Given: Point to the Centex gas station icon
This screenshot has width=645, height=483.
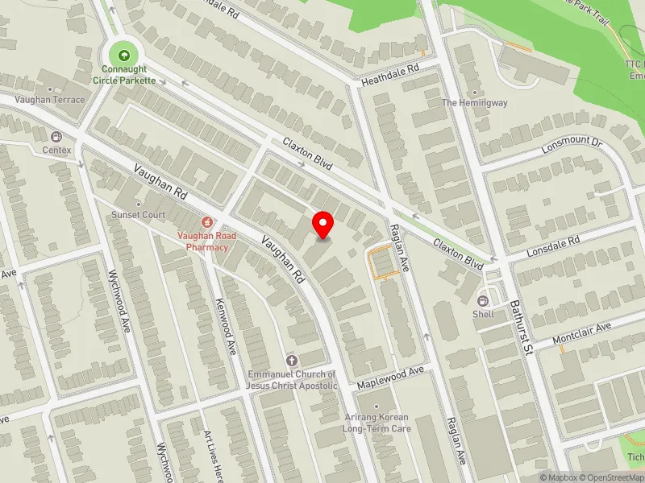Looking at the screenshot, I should pos(56,137).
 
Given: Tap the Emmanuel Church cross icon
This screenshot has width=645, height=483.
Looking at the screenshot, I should pos(291,361).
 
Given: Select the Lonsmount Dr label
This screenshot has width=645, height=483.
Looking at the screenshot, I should pos(572,144).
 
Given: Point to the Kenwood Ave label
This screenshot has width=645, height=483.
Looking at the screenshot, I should pos(226,326).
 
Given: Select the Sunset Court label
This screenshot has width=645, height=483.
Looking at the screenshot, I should pos(139,215).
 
